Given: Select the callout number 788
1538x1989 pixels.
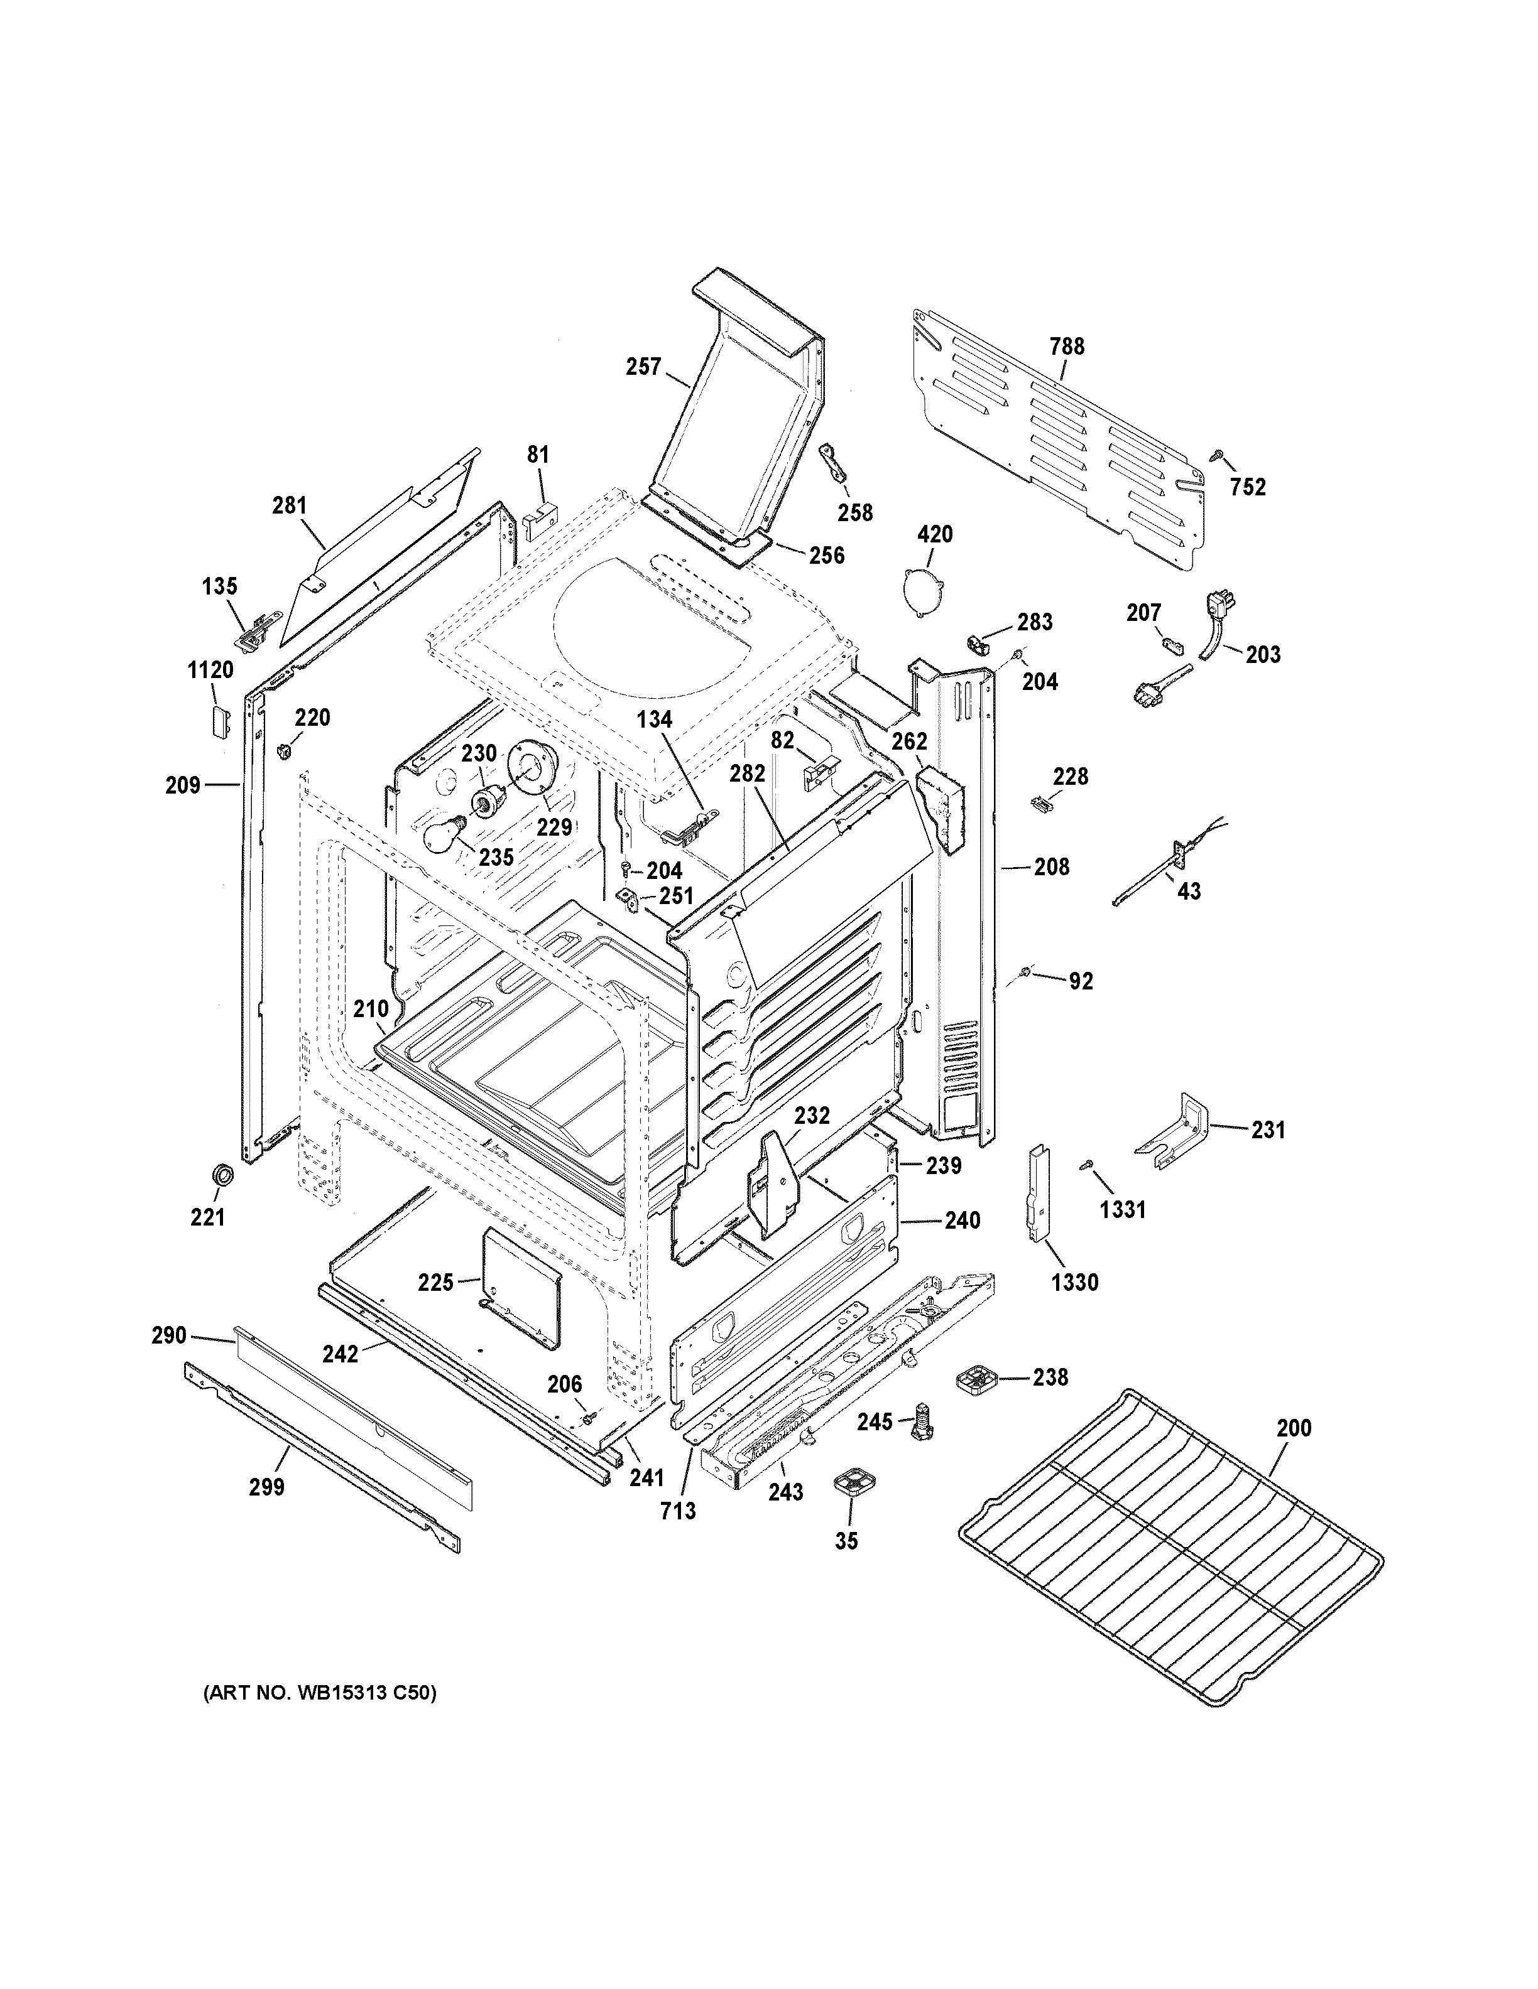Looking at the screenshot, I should pos(1066,346).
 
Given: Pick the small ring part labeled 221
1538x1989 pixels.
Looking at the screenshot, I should pos(221,1174).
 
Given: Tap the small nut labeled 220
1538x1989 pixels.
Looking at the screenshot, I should pos(283,750).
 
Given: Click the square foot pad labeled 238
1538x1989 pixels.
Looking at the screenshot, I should pos(979,1378).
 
